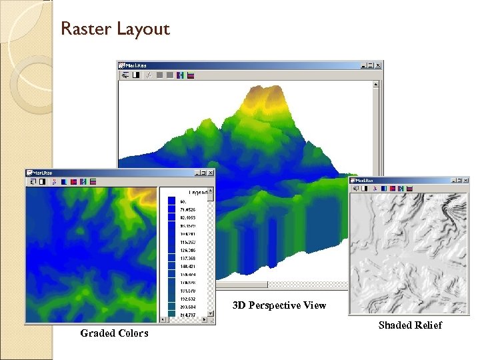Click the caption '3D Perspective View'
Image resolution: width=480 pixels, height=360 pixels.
(279, 305)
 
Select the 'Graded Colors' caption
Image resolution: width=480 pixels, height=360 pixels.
(114, 333)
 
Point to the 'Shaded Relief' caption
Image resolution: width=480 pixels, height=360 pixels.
(410, 325)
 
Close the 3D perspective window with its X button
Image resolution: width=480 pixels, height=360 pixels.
(379, 65)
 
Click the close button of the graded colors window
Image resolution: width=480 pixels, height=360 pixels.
(211, 172)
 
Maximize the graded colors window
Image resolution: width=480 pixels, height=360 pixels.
(204, 172)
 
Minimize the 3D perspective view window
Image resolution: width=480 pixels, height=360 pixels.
(365, 65)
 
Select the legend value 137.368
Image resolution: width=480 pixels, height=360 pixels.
(187, 258)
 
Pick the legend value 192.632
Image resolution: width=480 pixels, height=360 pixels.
(187, 299)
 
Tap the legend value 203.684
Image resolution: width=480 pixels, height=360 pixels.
(187, 307)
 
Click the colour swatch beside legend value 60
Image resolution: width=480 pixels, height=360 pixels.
(171, 200)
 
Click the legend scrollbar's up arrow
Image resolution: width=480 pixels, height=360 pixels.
(211, 191)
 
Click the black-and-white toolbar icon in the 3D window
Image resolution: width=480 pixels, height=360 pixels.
(136, 75)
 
